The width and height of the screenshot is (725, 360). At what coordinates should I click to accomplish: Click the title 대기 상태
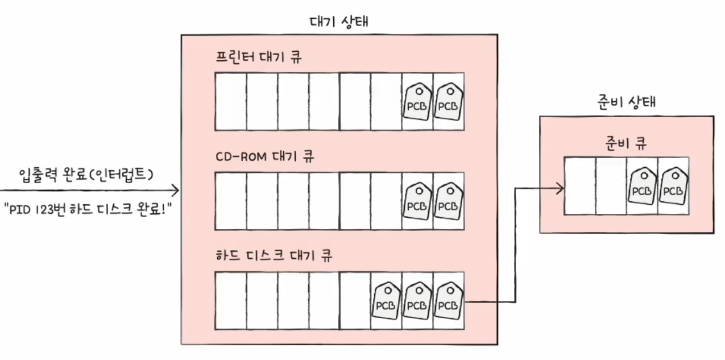pyautogui.click(x=339, y=22)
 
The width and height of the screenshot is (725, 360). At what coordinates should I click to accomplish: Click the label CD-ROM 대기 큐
pyautogui.click(x=264, y=156)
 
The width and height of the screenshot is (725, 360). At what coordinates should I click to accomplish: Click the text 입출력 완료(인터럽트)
pyautogui.click(x=86, y=174)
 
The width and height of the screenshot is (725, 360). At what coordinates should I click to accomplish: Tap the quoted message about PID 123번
pyautogui.click(x=88, y=210)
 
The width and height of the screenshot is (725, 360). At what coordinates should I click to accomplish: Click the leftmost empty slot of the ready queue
pyautogui.click(x=579, y=186)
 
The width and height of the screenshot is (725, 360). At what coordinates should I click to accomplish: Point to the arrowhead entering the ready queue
pyautogui.click(x=561, y=188)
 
